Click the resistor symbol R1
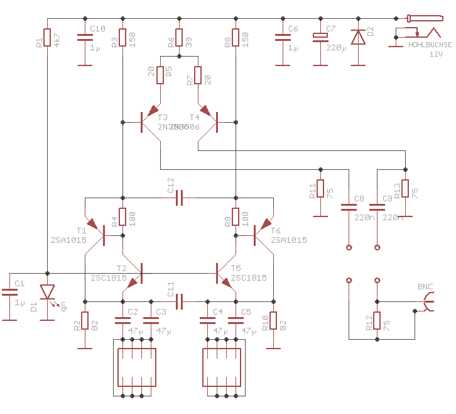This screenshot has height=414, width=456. [x=47, y=38]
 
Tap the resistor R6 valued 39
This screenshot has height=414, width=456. [x=179, y=38]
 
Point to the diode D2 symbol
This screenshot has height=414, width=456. [x=358, y=38]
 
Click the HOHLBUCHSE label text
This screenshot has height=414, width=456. [x=429, y=45]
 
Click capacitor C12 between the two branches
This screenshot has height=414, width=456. [x=179, y=198]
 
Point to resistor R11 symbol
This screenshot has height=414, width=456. [x=320, y=189]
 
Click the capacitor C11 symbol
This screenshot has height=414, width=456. [x=179, y=301]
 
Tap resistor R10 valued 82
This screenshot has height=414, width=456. [x=273, y=321]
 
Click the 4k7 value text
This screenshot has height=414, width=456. [x=57, y=39]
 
